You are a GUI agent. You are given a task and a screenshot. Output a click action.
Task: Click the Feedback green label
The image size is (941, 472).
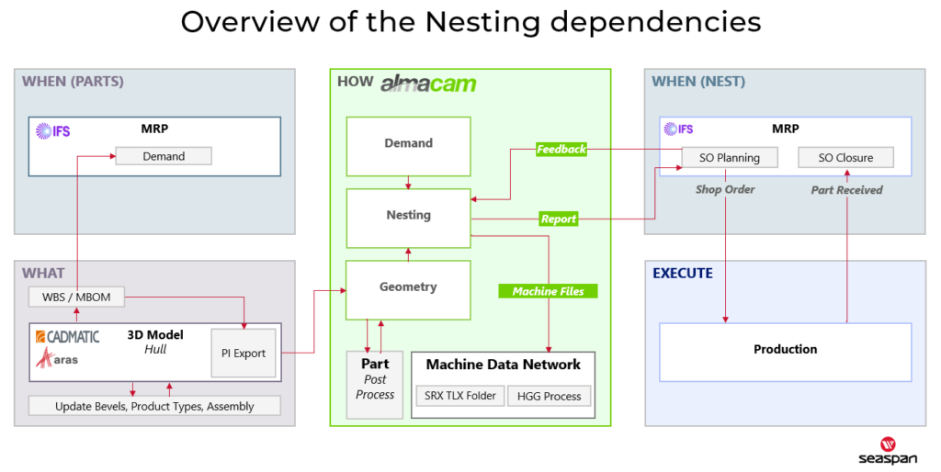point(561,150)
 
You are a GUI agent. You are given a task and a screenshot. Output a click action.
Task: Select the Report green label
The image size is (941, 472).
point(559,219)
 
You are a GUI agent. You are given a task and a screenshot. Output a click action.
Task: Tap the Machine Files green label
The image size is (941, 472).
point(548,291)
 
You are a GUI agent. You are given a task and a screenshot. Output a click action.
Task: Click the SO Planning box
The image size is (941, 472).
point(730,158)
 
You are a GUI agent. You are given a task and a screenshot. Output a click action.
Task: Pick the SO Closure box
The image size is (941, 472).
point(845,158)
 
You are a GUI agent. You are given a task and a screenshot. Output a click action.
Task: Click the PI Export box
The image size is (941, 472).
point(244,354)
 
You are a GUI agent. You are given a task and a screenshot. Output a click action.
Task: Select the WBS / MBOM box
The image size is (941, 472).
point(76,297)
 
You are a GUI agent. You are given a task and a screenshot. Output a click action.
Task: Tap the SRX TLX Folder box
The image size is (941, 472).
point(460,396)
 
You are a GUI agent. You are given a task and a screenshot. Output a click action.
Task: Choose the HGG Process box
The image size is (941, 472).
point(550,396)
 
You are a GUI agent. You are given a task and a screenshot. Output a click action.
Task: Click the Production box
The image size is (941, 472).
point(785,352)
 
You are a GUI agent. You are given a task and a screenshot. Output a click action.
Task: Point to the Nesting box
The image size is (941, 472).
point(408,219)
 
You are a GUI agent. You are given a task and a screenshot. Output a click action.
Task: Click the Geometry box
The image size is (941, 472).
point(408,290)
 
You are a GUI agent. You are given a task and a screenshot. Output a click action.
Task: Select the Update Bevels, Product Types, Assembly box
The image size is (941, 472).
point(154,406)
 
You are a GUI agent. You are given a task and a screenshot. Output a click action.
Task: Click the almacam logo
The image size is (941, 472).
point(428,84)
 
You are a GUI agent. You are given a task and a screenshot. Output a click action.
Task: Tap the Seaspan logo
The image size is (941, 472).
point(888,452)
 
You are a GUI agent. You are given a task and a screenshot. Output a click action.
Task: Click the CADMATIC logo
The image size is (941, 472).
point(67,336)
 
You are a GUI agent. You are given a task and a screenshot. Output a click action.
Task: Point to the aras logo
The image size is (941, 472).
point(56,358)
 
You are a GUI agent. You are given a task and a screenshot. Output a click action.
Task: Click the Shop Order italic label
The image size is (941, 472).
point(725,189)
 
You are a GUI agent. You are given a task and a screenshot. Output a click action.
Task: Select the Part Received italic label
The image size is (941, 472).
point(846,190)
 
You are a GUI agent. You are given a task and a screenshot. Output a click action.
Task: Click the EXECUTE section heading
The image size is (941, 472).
point(683,274)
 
